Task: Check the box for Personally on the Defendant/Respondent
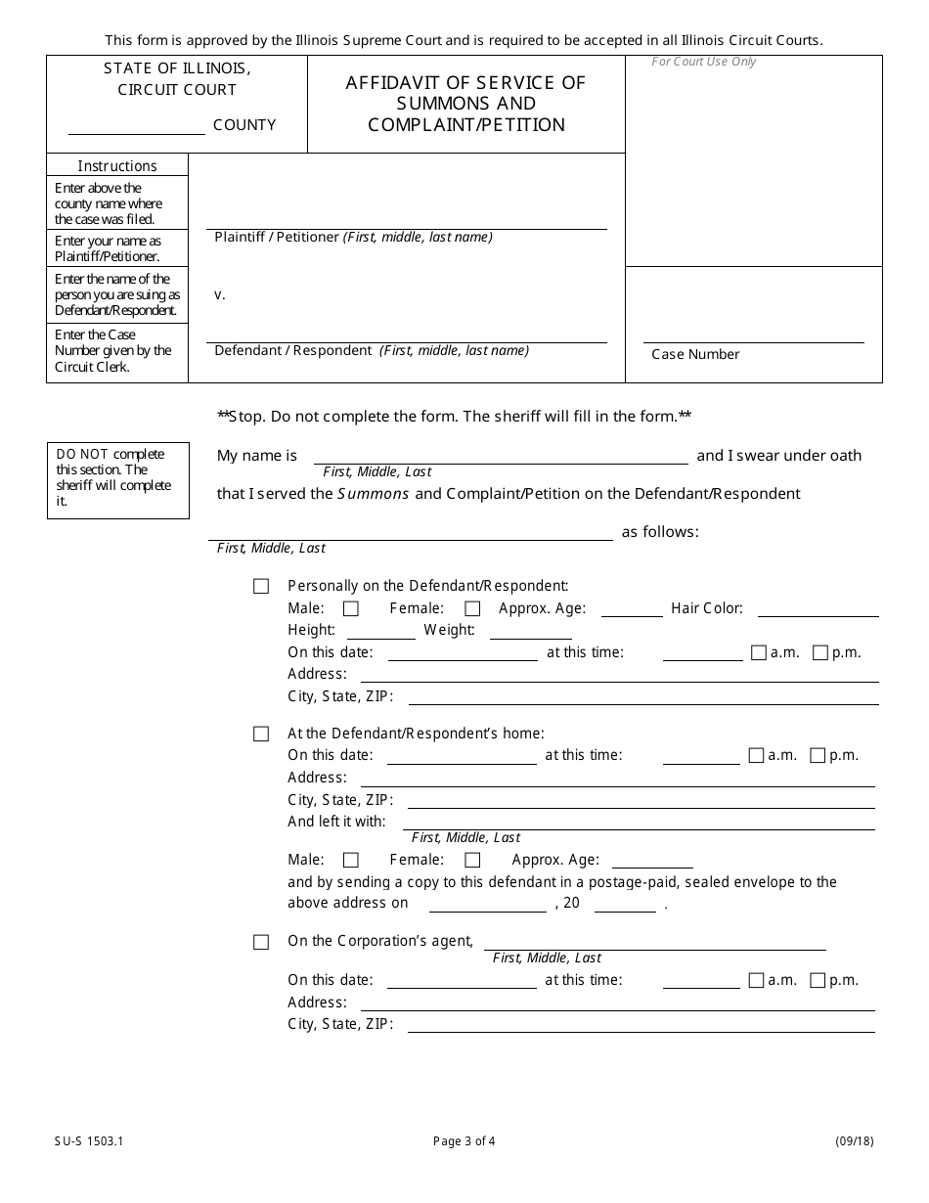(x=261, y=587)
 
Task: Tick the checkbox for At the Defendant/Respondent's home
(x=261, y=734)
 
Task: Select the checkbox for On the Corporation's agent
(x=261, y=942)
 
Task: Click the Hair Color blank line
(x=818, y=609)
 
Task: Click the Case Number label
(x=695, y=355)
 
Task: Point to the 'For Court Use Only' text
(x=704, y=63)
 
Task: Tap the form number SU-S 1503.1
(x=83, y=1140)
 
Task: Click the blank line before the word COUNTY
(x=136, y=126)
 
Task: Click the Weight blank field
(x=530, y=631)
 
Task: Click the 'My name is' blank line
(x=500, y=456)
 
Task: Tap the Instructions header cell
(x=117, y=165)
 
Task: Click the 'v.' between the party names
(x=220, y=294)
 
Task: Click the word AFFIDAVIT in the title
(x=388, y=83)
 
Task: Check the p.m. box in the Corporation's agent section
(x=818, y=980)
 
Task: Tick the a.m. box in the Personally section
(x=759, y=652)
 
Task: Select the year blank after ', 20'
(x=624, y=904)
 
